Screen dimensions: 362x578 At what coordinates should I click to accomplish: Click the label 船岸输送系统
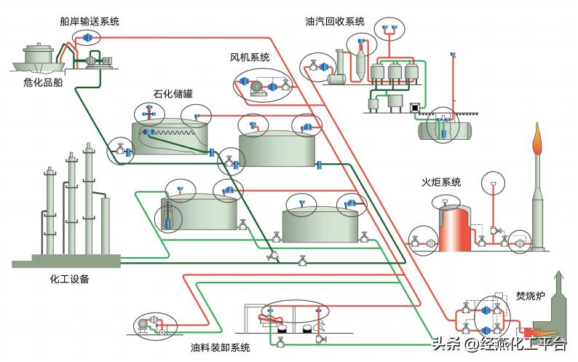[89, 22]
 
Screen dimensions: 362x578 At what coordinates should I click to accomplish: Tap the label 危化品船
[43, 82]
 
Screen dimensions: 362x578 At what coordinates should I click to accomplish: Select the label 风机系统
[250, 57]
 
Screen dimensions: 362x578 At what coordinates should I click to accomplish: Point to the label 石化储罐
[174, 94]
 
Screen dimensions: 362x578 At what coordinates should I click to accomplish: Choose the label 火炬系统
[441, 182]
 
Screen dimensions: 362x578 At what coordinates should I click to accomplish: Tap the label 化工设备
[71, 279]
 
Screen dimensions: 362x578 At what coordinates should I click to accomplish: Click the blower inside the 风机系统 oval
[256, 88]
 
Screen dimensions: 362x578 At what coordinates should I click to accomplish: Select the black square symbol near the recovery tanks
[415, 107]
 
